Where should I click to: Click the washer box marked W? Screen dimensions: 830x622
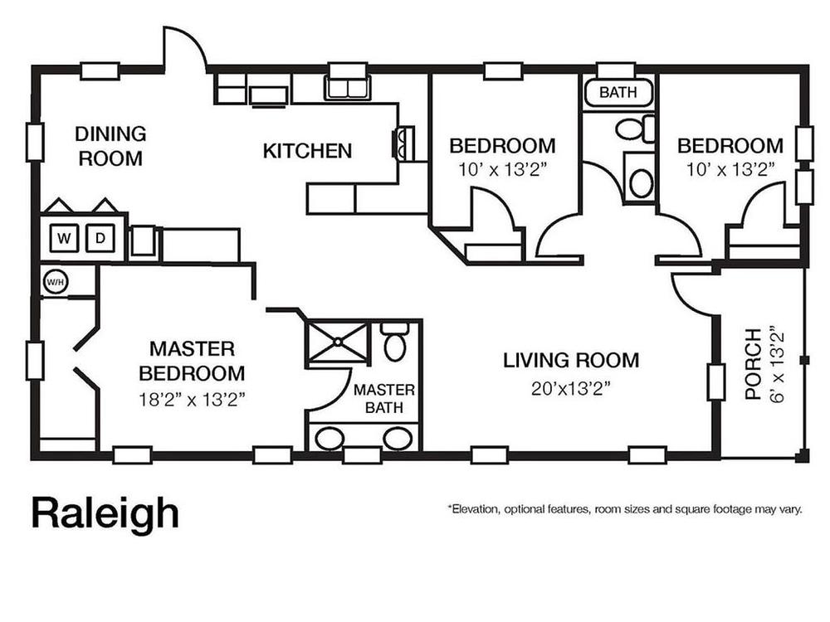click(x=64, y=239)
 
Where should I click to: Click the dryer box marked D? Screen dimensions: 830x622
click(x=100, y=239)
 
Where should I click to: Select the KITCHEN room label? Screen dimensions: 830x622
click(x=307, y=151)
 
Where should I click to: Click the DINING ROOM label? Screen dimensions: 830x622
click(x=110, y=146)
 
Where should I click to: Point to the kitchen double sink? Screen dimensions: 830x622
click(x=347, y=88)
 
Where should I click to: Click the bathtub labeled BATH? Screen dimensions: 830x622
click(x=618, y=93)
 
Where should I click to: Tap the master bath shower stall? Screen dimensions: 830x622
click(x=337, y=343)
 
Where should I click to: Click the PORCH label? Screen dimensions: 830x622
click(x=753, y=364)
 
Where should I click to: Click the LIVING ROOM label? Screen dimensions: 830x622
click(x=571, y=361)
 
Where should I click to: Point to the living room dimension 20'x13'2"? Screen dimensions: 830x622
click(x=571, y=389)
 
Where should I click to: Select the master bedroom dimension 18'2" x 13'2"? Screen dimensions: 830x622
click(x=193, y=400)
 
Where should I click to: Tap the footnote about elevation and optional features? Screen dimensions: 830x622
click(x=625, y=510)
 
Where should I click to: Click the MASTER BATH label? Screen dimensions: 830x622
click(x=384, y=399)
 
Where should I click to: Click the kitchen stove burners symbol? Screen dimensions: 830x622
click(x=403, y=143)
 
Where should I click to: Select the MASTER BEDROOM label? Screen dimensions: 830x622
click(x=193, y=362)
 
